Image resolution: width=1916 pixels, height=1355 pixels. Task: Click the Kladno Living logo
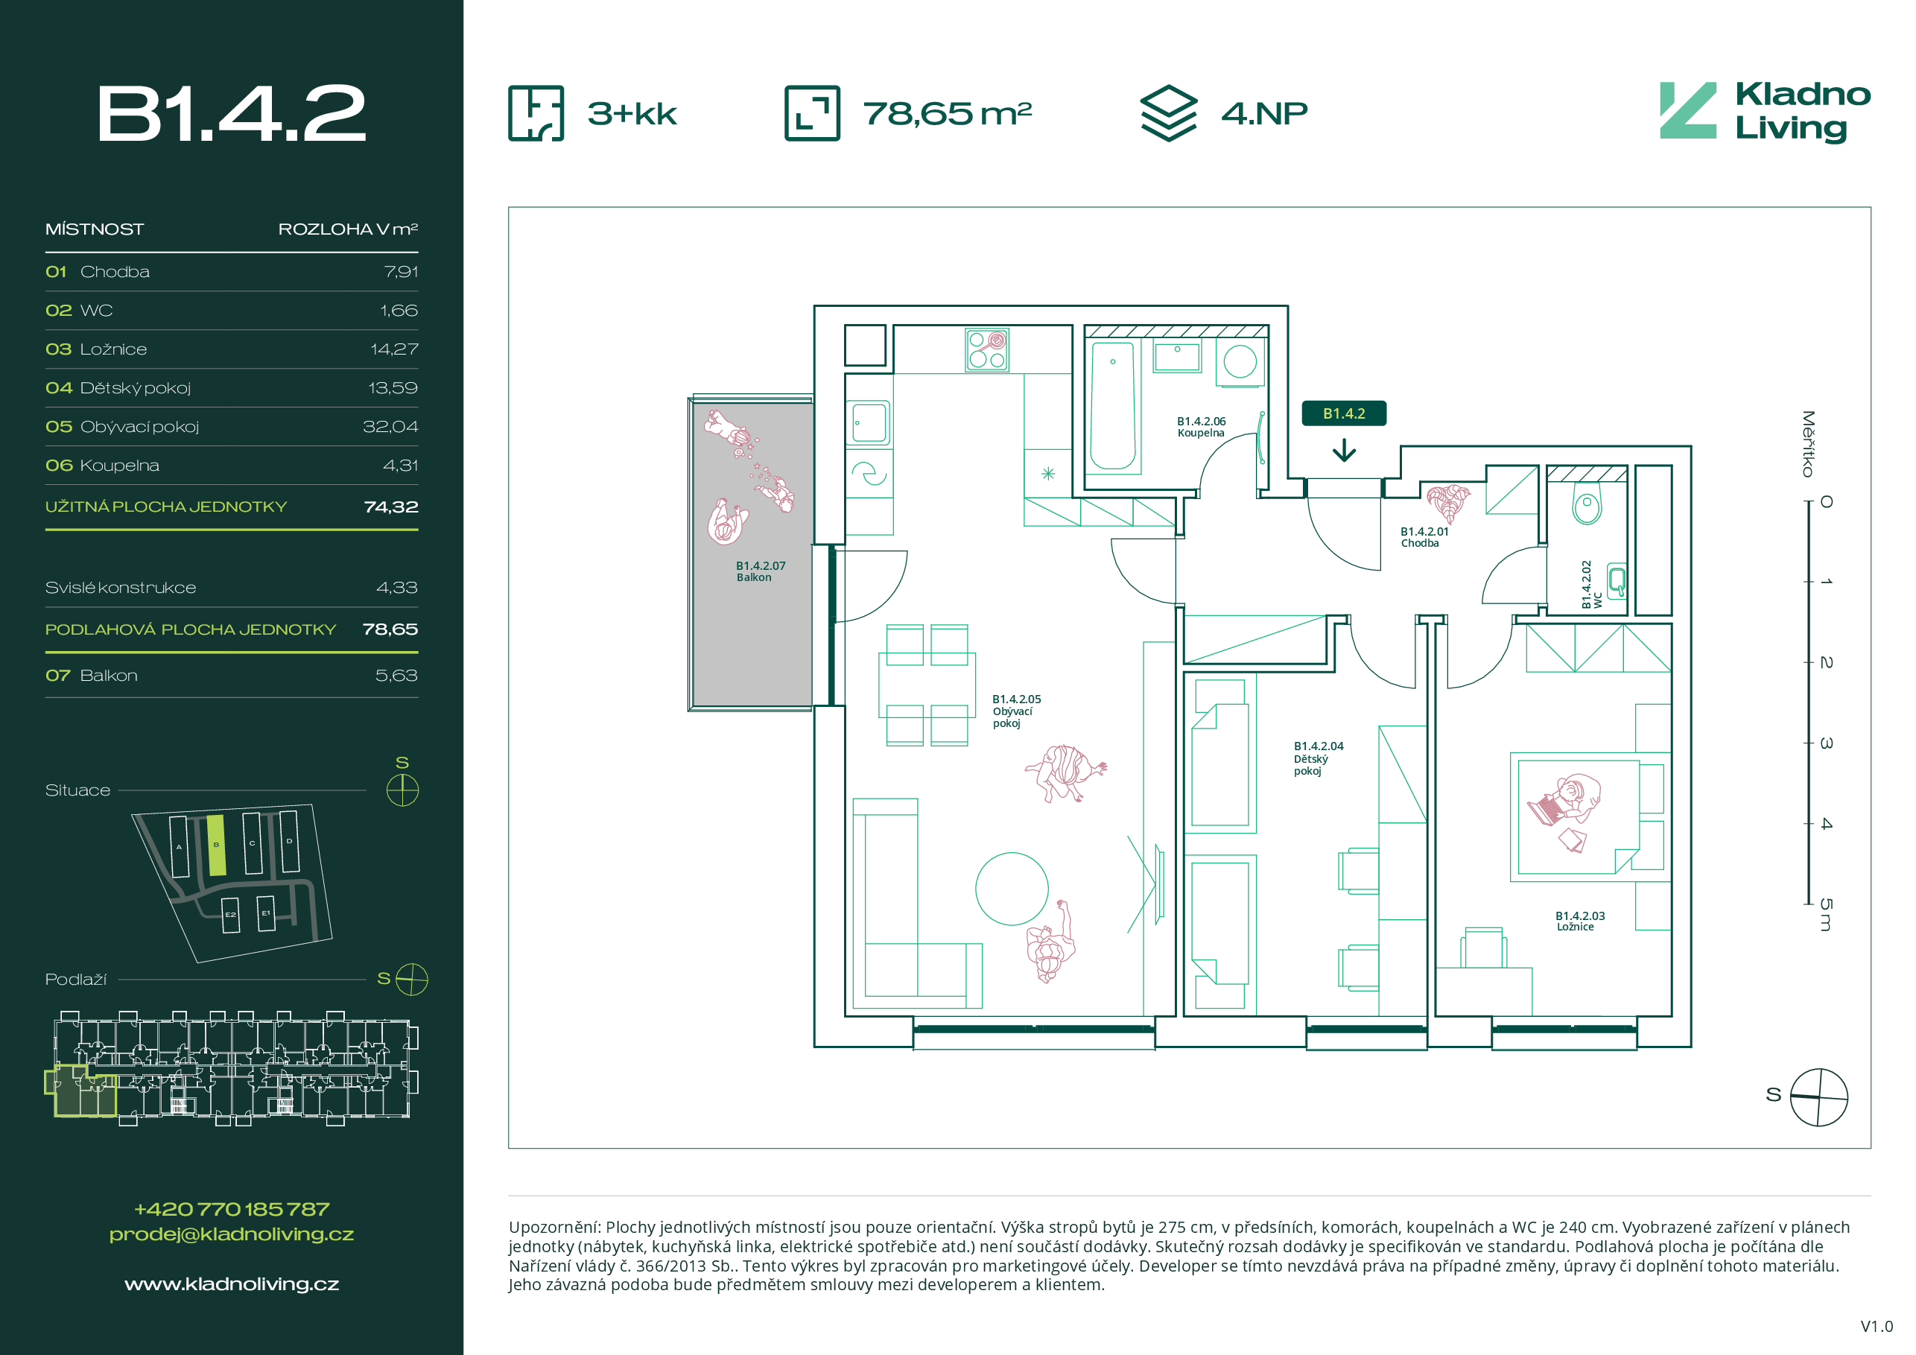click(1764, 112)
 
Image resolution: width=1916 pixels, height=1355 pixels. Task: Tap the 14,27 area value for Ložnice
click(394, 349)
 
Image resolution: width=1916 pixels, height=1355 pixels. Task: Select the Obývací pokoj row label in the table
click(139, 427)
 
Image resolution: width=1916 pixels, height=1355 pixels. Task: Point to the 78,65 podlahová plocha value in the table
click(390, 630)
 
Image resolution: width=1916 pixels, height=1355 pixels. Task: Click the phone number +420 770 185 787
click(231, 1209)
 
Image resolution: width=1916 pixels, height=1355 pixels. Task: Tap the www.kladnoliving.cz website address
click(231, 1284)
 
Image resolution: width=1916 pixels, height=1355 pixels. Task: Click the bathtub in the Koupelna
click(1112, 405)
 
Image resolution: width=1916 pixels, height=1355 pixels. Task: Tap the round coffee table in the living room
click(1012, 889)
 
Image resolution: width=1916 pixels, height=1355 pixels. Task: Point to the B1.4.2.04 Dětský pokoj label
click(1318, 758)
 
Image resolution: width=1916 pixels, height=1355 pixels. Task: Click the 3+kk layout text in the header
click(632, 113)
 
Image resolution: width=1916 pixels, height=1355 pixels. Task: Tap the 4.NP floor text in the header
click(1263, 113)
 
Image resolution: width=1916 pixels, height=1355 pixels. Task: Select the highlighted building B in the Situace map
click(216, 845)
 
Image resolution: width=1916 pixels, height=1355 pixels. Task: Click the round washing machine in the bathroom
click(1240, 362)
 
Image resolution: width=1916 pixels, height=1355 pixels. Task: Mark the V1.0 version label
click(1876, 1326)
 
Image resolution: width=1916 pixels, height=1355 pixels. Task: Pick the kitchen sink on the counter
click(869, 423)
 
